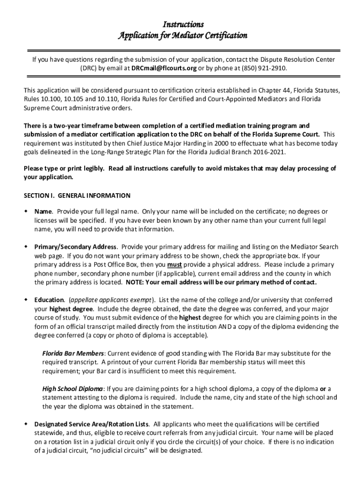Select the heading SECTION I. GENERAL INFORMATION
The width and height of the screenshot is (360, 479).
click(77, 196)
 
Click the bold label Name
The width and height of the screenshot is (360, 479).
click(43, 211)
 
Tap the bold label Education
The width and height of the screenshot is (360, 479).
click(49, 300)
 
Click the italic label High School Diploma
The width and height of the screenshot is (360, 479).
click(72, 389)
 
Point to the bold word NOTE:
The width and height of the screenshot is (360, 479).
click(136, 283)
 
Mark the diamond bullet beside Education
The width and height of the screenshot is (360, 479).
click(26, 300)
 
